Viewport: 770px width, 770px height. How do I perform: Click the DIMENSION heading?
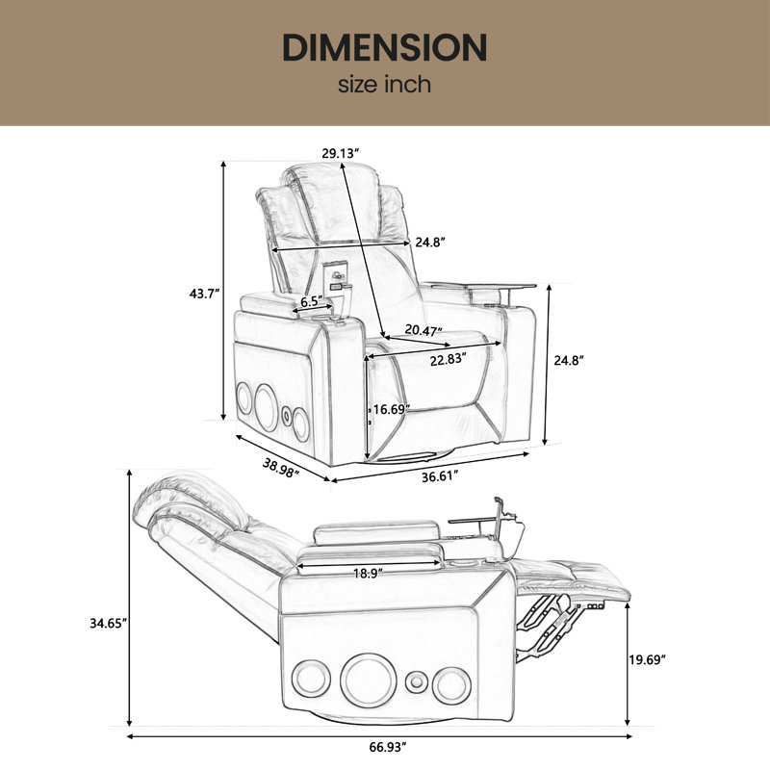(x=384, y=47)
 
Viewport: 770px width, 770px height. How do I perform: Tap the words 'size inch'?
(x=384, y=85)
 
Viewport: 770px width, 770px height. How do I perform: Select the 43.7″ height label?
(x=204, y=294)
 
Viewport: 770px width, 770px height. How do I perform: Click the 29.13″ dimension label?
(x=341, y=153)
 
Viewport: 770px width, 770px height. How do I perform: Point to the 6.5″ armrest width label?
(x=311, y=301)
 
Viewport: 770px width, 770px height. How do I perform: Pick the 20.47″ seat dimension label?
(x=423, y=330)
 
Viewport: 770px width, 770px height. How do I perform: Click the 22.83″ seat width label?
(x=448, y=359)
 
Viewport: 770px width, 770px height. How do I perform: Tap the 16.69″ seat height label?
(x=392, y=409)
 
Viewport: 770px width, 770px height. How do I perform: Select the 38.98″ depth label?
(x=281, y=467)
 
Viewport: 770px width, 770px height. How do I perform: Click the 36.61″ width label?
(x=440, y=475)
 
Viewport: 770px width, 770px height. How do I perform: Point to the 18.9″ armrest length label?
(x=368, y=573)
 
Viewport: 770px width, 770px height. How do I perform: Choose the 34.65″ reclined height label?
(x=109, y=623)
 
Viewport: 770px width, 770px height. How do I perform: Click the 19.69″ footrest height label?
(x=647, y=659)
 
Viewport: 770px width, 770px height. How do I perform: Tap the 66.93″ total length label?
(x=388, y=748)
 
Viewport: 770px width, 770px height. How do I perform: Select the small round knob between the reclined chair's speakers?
(x=416, y=682)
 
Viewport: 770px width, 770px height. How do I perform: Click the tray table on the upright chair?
(x=477, y=286)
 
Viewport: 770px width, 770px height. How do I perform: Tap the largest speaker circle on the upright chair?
(x=267, y=407)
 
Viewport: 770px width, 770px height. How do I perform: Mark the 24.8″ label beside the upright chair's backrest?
(x=429, y=243)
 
